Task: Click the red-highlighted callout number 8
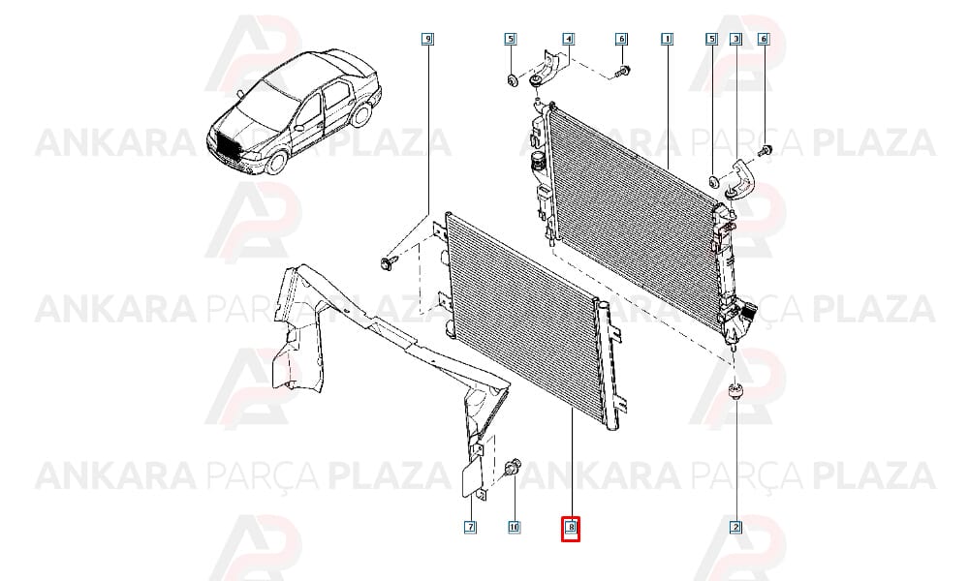[571, 528]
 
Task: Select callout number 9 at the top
[427, 40]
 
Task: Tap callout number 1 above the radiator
[667, 40]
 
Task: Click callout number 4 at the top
[568, 40]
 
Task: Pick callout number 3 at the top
[736, 40]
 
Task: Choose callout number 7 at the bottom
[470, 528]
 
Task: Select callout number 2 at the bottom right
[736, 528]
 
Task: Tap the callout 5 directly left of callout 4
[510, 40]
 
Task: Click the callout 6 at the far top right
[764, 40]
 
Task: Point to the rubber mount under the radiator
[735, 392]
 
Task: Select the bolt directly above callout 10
[513, 469]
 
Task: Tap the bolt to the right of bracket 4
[622, 72]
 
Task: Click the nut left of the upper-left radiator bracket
[512, 79]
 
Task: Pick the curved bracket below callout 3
[740, 179]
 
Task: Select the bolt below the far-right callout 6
[766, 150]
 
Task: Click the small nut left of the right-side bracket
[713, 181]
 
